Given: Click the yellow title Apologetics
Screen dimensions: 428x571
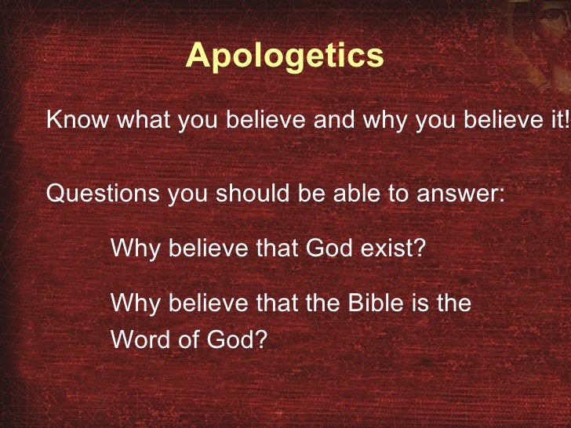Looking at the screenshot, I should tap(285, 56).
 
